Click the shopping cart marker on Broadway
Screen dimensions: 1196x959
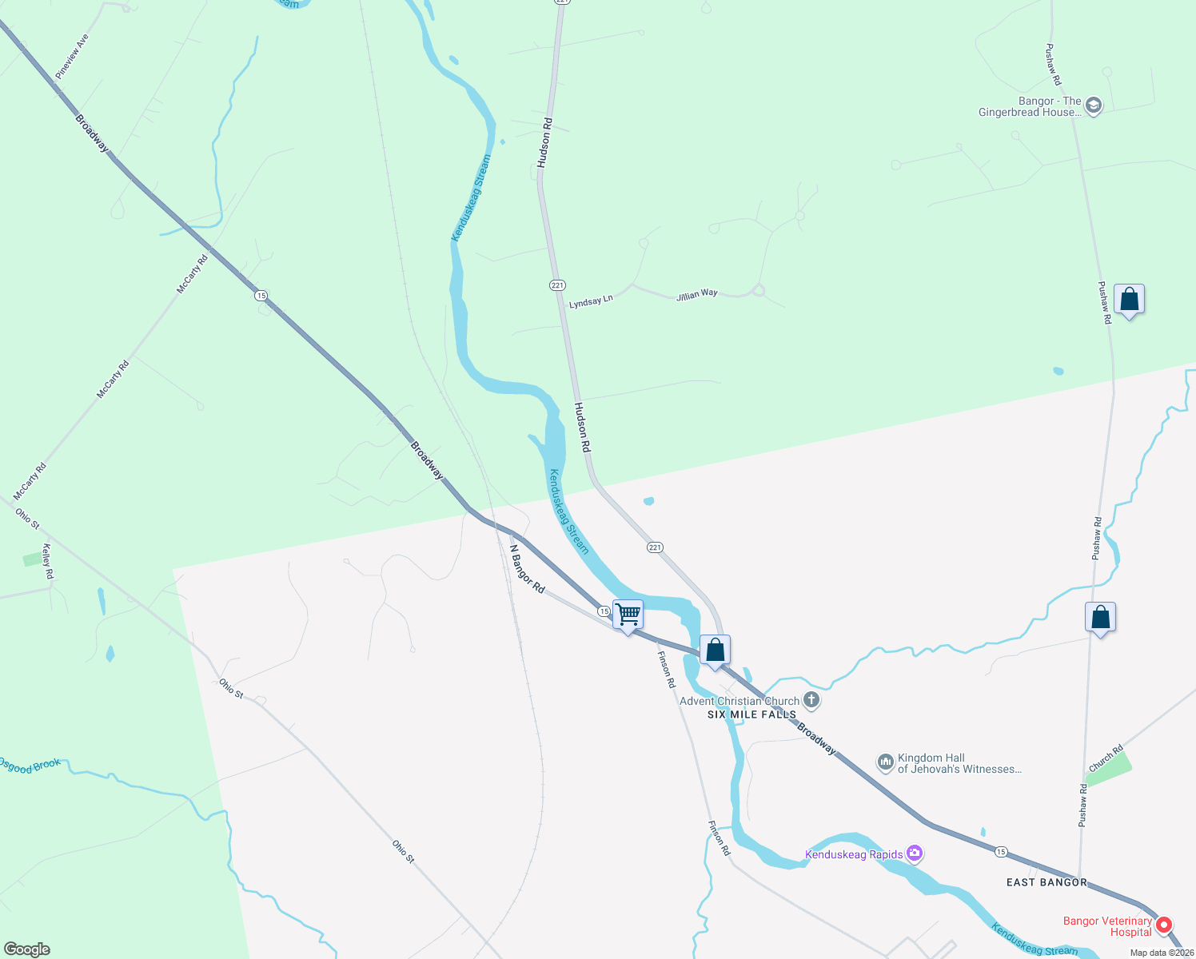coord(628,615)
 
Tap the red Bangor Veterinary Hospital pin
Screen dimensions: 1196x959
coord(1164,925)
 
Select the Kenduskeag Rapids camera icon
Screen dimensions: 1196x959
coord(915,854)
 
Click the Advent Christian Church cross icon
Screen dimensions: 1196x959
coord(811,701)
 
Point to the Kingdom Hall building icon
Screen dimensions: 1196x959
coord(885,763)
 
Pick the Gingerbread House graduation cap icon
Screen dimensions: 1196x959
coord(1094,105)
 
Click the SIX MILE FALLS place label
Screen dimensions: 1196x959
coord(751,714)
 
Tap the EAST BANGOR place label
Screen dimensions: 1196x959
coord(1046,882)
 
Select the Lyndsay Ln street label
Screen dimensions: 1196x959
coord(591,301)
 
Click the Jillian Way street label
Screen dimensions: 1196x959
coord(696,294)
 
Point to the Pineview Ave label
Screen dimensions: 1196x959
coord(72,56)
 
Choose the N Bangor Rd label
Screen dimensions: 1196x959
coord(527,569)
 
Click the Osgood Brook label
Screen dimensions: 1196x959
coord(30,766)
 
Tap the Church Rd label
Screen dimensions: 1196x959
coord(1106,758)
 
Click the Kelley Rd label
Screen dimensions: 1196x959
coord(48,561)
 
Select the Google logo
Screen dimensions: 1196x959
coord(26,949)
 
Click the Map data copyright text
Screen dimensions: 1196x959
coord(1162,953)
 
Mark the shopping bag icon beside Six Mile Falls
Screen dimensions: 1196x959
coord(716,651)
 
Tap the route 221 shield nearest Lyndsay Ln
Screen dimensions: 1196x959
coord(557,285)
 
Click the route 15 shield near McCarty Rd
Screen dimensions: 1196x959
coord(261,296)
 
